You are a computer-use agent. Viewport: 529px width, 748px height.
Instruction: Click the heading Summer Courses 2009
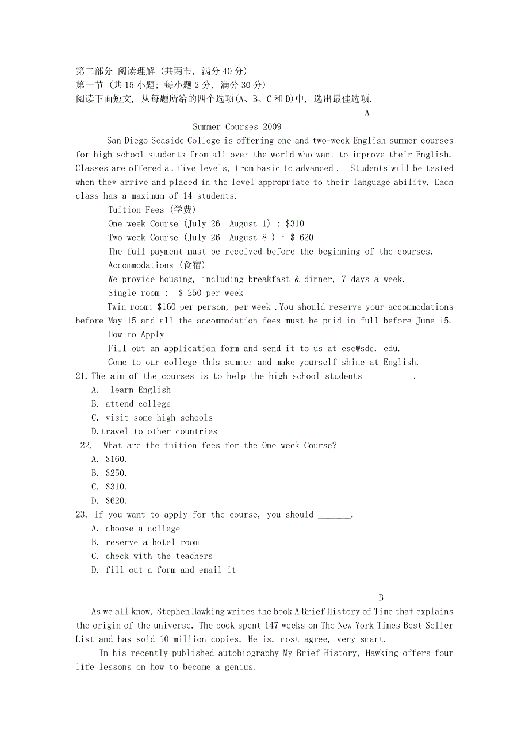tap(237, 127)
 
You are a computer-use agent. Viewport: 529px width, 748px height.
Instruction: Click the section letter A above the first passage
tap(367, 113)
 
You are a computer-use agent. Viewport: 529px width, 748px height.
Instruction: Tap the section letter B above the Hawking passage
tap(381, 598)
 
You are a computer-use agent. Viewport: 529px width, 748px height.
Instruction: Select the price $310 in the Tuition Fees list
tap(294, 224)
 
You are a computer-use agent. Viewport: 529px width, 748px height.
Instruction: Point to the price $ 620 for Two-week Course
tap(301, 238)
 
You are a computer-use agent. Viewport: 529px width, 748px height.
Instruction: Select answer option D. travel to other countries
tap(154, 431)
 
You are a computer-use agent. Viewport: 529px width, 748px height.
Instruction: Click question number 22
tap(86, 445)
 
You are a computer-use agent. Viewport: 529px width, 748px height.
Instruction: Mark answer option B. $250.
tap(109, 473)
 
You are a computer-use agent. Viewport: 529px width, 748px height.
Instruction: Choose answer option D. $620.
tap(109, 501)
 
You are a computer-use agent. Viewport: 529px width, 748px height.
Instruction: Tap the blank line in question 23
tap(334, 516)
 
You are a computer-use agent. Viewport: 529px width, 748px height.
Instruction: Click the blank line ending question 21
tap(392, 377)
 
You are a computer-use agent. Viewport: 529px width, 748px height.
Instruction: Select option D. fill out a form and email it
tap(164, 570)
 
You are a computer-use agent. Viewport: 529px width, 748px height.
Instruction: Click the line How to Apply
tap(136, 335)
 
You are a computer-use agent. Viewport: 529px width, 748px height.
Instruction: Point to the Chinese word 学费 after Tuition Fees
tap(184, 210)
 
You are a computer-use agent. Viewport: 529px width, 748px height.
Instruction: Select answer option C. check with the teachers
tap(152, 557)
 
